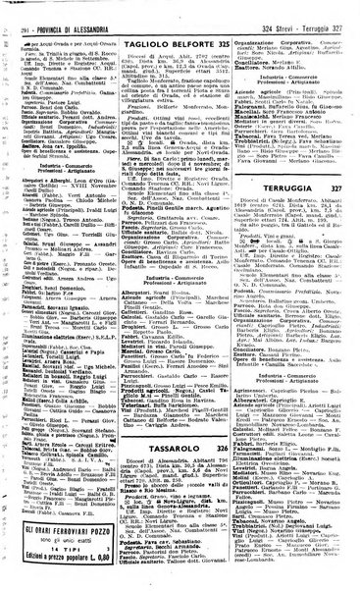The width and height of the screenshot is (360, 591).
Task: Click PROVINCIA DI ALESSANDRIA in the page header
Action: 75,9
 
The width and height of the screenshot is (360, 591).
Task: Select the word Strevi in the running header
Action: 282,9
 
